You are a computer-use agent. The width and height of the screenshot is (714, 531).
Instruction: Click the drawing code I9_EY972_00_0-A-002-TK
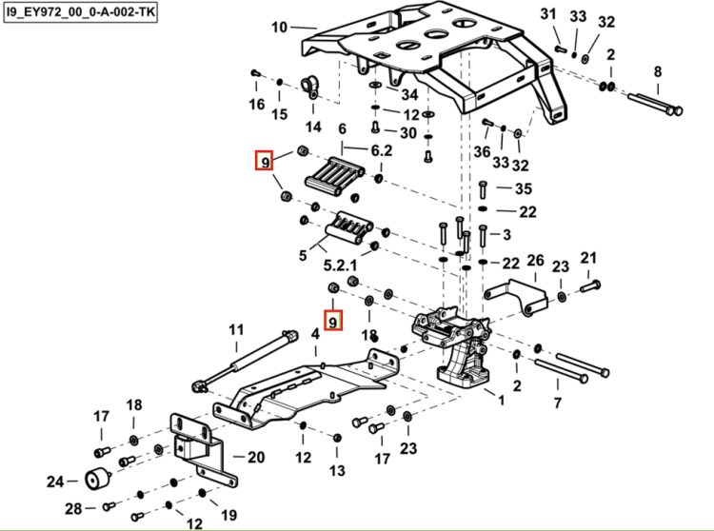(80, 12)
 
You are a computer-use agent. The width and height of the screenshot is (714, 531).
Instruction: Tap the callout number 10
(280, 28)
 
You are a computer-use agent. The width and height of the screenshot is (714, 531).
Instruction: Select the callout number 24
(55, 482)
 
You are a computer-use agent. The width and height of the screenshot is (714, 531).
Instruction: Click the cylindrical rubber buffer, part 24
(98, 479)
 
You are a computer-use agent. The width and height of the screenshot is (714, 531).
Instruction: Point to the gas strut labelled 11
(245, 361)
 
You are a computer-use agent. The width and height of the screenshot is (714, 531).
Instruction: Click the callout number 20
(256, 457)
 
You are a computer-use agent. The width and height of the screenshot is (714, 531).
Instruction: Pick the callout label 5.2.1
(340, 265)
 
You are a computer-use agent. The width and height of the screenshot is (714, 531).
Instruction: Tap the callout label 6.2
(382, 150)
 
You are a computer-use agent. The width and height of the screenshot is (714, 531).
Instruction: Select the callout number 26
(535, 261)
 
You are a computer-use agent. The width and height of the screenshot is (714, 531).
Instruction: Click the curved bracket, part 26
(518, 296)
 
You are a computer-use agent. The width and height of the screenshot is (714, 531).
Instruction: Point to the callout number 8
(658, 71)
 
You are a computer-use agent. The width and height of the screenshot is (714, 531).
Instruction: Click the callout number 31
(548, 14)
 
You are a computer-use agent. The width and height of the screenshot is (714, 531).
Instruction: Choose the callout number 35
(524, 188)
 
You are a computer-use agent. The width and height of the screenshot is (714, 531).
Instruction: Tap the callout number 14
(313, 127)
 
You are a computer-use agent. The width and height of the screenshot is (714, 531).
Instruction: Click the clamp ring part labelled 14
(310, 87)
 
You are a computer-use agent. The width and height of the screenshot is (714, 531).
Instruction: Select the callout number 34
(409, 94)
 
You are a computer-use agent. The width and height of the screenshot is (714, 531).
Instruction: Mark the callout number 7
(558, 403)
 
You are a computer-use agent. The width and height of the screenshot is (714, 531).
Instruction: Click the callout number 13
(337, 470)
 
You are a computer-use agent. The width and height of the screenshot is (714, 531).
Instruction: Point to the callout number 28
(73, 508)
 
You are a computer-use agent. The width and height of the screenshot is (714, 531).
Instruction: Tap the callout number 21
(588, 258)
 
